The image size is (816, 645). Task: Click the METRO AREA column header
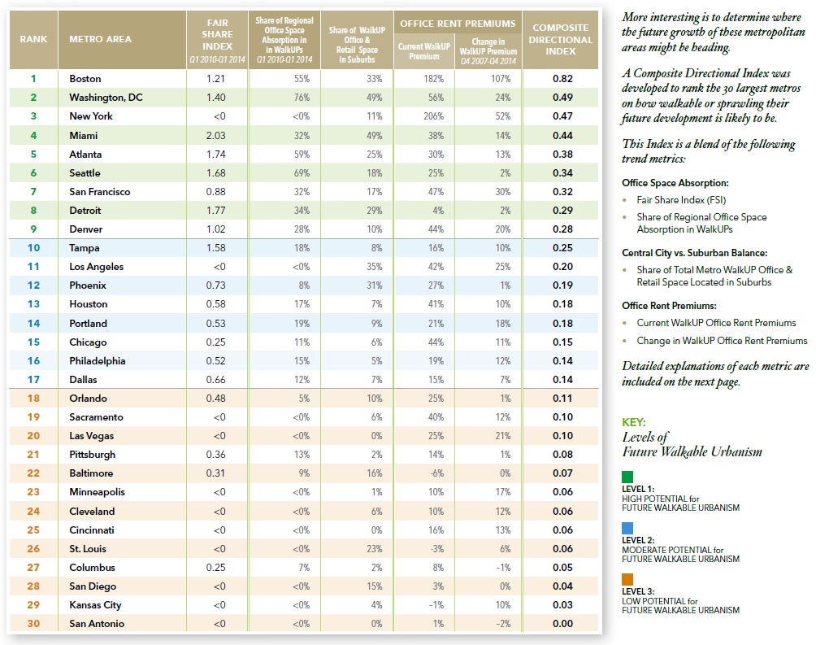click(101, 39)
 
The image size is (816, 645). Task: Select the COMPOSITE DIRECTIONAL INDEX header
click(561, 39)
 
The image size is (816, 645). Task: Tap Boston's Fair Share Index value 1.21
click(215, 79)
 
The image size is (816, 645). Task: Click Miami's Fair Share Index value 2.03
click(215, 136)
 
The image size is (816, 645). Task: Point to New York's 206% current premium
click(433, 116)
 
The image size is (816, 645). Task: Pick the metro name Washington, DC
click(106, 98)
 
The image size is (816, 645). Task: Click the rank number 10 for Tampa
click(33, 248)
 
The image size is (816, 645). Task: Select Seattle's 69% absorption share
click(302, 173)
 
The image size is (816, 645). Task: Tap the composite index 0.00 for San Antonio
click(562, 624)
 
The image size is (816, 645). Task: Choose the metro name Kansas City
click(95, 605)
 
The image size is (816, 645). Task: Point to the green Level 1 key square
click(627, 477)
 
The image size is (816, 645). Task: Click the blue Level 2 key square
click(627, 529)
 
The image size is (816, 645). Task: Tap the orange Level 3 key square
click(627, 579)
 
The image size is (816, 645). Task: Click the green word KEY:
click(633, 422)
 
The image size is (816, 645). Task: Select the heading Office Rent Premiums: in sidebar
click(669, 306)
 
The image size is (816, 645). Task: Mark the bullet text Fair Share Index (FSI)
click(681, 200)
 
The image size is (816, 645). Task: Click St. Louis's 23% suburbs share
click(374, 548)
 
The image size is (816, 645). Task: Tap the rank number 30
click(33, 624)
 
